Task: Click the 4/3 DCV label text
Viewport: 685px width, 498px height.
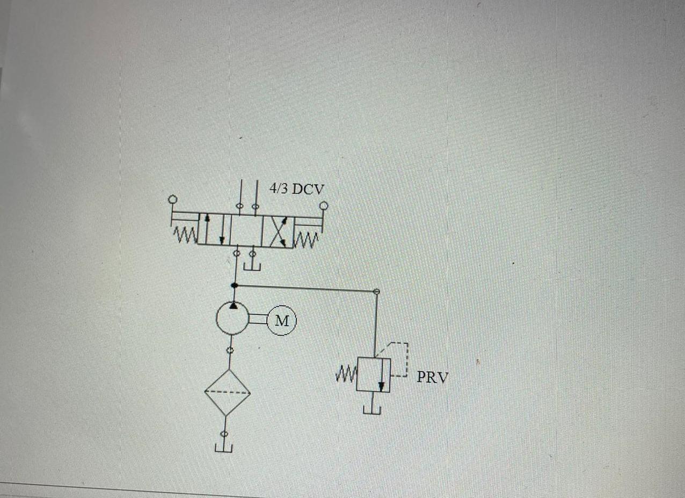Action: pyautogui.click(x=296, y=189)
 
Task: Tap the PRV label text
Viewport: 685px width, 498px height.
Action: pyautogui.click(x=432, y=377)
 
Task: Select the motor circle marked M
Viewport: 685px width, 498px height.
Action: pyautogui.click(x=282, y=321)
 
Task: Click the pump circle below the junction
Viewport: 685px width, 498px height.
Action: pyautogui.click(x=232, y=318)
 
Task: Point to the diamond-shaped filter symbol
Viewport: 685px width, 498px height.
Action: pyautogui.click(x=228, y=392)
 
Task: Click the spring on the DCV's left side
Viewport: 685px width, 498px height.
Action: pyautogui.click(x=184, y=236)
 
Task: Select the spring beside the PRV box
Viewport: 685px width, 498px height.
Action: pyautogui.click(x=346, y=372)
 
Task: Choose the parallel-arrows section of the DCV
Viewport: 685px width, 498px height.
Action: pyautogui.click(x=214, y=229)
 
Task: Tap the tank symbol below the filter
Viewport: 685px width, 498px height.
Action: pyautogui.click(x=224, y=448)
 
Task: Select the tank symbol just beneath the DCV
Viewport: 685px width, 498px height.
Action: pyautogui.click(x=252, y=265)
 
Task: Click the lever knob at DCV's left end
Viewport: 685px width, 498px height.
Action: pyautogui.click(x=172, y=200)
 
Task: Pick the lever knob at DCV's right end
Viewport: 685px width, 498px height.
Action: pyautogui.click(x=324, y=205)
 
